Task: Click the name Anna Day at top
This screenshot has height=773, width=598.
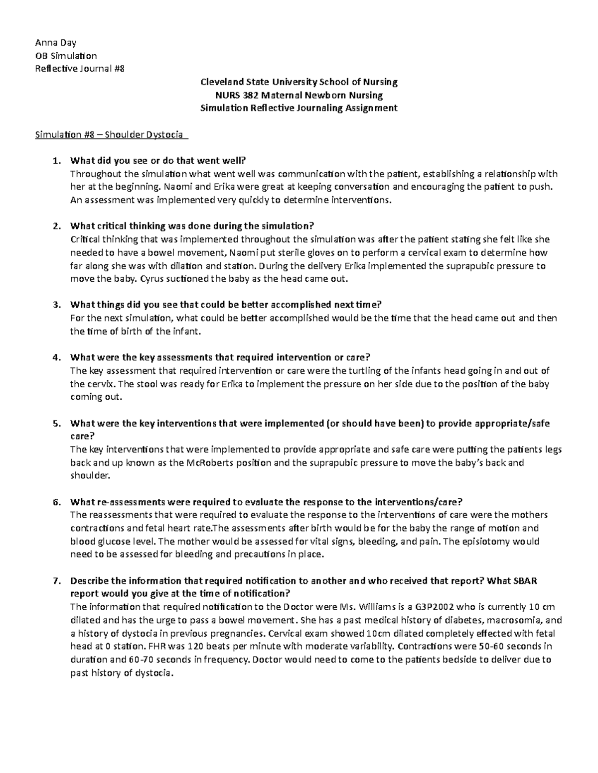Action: coord(55,42)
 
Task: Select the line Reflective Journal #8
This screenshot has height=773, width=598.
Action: coord(77,69)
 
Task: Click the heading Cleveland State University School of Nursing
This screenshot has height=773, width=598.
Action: coord(298,82)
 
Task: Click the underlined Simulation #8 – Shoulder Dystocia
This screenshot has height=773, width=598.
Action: coord(109,134)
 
